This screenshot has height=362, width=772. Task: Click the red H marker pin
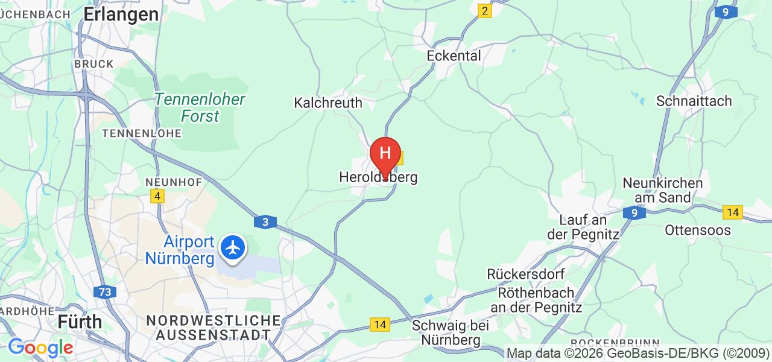(x=385, y=154)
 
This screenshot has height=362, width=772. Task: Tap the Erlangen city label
(x=121, y=14)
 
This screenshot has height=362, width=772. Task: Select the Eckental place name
(x=454, y=56)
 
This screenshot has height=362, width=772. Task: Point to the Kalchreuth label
(x=328, y=103)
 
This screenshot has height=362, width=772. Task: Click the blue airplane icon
(x=233, y=247)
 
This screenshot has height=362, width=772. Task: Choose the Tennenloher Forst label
(x=200, y=107)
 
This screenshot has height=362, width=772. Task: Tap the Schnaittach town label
(x=694, y=101)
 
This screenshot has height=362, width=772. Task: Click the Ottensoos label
(x=697, y=230)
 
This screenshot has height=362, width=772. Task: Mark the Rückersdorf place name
(x=526, y=275)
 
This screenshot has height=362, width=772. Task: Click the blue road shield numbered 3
(x=265, y=222)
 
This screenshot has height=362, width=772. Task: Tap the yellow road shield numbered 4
(x=157, y=196)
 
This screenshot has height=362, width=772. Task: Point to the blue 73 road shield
(x=105, y=292)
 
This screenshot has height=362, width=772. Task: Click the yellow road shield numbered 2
(x=484, y=11)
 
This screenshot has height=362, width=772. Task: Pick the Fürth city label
(x=80, y=322)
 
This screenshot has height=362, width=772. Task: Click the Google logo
(x=40, y=348)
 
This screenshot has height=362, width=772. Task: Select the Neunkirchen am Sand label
(x=662, y=190)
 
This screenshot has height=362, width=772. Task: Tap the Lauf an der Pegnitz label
(x=583, y=227)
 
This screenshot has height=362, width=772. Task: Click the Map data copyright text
(x=638, y=354)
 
